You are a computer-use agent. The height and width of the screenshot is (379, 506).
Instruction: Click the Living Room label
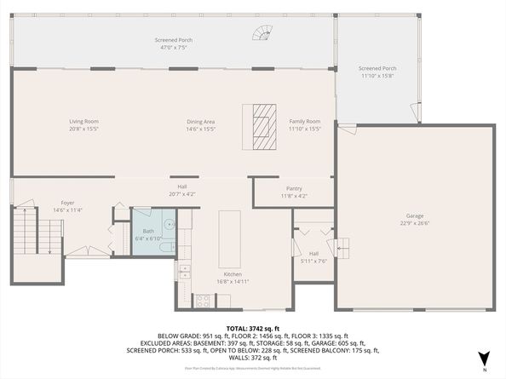click(x=83, y=121)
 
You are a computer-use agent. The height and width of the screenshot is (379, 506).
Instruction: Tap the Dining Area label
click(x=201, y=121)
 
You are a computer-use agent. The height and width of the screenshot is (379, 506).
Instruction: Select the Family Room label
click(x=304, y=121)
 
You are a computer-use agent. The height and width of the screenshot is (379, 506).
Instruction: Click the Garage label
click(x=415, y=215)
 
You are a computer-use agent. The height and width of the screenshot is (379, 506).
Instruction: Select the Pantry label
click(x=295, y=188)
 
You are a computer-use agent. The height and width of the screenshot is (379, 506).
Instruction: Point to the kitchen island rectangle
click(x=229, y=238)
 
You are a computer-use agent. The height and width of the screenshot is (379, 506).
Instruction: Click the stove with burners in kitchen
click(x=204, y=300)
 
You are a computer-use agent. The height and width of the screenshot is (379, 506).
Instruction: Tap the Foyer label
click(x=67, y=203)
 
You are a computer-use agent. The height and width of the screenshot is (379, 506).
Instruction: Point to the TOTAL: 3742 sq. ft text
click(x=253, y=329)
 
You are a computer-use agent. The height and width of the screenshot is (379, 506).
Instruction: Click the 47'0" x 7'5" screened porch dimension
click(x=173, y=47)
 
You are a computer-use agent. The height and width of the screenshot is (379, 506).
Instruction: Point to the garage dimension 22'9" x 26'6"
click(x=415, y=223)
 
